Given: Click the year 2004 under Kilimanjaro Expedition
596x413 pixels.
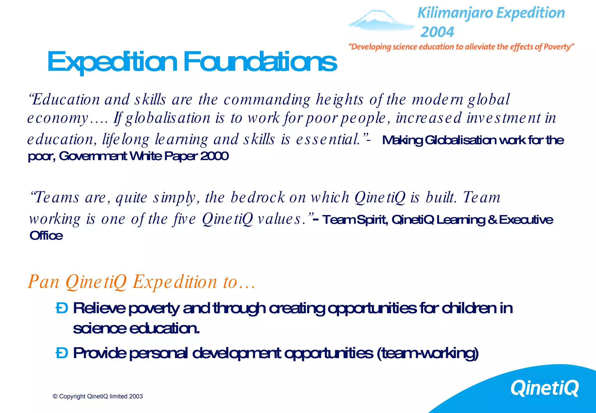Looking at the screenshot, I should pos(437,32).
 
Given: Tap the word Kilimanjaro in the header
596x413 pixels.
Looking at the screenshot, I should pos(455,13).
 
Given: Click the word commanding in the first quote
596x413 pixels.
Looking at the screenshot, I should pos(267,100).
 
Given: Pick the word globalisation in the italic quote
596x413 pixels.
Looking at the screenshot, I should pos(168,118).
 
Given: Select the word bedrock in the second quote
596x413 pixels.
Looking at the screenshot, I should pos(258,197).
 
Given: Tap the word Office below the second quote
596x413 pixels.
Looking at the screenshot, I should pos(46,236).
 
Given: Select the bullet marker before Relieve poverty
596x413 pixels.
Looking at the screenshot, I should pos(62,308).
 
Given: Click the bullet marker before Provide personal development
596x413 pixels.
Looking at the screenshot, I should pos(62,353).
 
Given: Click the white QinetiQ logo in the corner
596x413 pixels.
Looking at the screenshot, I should pos(544,388).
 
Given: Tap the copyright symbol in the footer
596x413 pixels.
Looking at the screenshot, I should pos(55,396).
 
